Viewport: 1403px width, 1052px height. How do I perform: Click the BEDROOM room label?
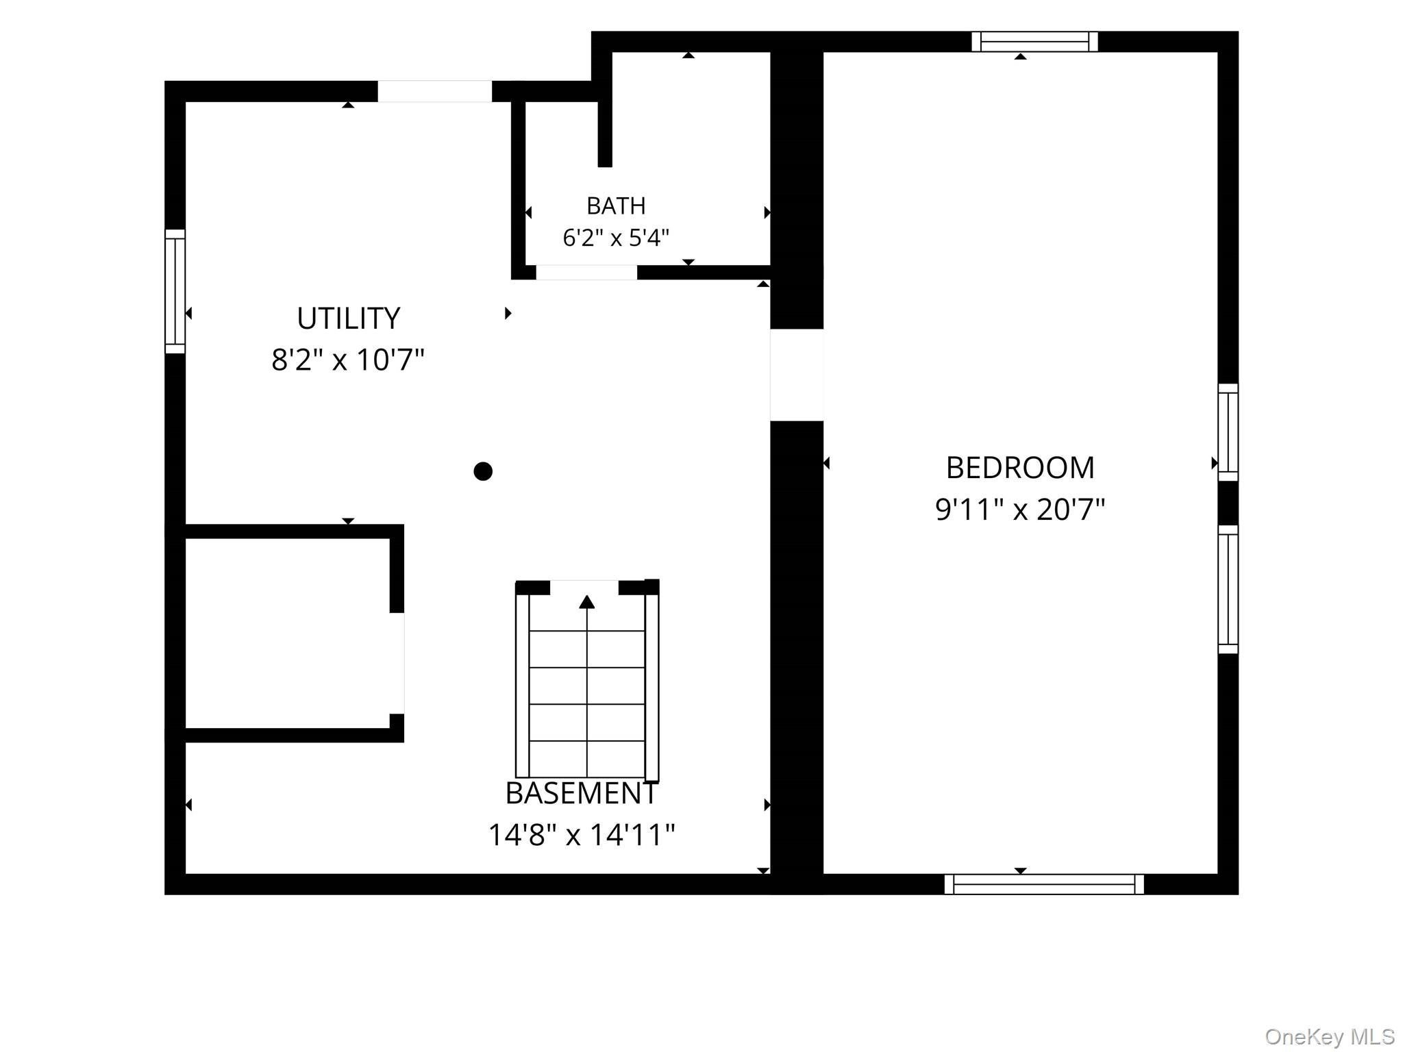[x=1020, y=468]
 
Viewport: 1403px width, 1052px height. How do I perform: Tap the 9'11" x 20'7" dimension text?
[x=1020, y=510]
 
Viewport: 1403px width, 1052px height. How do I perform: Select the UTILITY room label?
[x=348, y=318]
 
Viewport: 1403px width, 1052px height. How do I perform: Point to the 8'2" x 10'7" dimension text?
[x=348, y=360]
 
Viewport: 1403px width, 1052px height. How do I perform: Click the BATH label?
[x=616, y=205]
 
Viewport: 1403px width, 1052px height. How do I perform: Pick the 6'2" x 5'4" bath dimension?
[x=616, y=238]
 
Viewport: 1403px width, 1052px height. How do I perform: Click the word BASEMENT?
[x=582, y=793]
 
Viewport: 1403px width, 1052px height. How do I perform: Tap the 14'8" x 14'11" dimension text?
[x=582, y=835]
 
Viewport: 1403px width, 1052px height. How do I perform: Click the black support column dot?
[x=483, y=471]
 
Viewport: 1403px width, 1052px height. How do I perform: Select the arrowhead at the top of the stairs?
[x=586, y=602]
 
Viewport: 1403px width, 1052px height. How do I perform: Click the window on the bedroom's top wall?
[x=1034, y=42]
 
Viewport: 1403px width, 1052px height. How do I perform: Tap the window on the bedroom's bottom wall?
[x=1044, y=884]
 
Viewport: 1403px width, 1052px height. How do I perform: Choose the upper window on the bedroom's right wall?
[x=1228, y=432]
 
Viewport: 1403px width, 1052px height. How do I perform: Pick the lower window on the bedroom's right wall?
[x=1228, y=590]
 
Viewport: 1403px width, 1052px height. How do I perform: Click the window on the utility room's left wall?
[x=175, y=292]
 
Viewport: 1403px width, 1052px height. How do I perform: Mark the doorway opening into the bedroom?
[x=797, y=375]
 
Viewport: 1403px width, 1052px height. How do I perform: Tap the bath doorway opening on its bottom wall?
[x=586, y=273]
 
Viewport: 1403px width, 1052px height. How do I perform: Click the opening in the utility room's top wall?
[x=435, y=92]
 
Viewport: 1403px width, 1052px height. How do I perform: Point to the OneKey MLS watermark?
[x=1330, y=1036]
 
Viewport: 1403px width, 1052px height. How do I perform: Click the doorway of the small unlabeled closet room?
[x=397, y=664]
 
